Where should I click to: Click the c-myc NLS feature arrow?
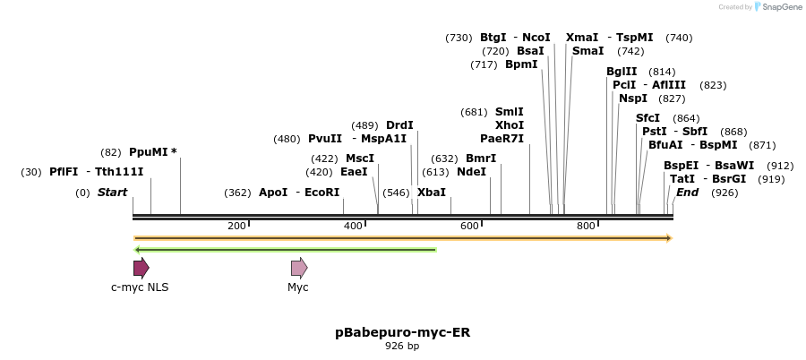[x=141, y=268]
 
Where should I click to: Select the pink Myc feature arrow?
[x=299, y=268]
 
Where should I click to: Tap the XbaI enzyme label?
[x=432, y=193]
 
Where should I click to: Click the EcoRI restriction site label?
[x=322, y=193]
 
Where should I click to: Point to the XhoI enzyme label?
[x=510, y=125]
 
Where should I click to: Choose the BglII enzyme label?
[x=622, y=72]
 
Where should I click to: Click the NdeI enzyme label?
[x=472, y=172]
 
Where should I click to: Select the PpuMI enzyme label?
[x=148, y=152]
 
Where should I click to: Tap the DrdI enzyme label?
[x=399, y=125]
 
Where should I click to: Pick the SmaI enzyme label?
[x=588, y=51]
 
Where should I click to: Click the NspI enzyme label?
[x=633, y=99]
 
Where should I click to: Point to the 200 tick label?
[x=236, y=226]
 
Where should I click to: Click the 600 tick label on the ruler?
[x=469, y=226]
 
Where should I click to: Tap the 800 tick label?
[x=586, y=226]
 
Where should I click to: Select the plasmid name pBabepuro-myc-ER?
[x=402, y=332]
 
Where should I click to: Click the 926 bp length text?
[x=402, y=346]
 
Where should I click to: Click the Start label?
[x=112, y=193]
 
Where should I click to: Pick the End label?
[x=688, y=193]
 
